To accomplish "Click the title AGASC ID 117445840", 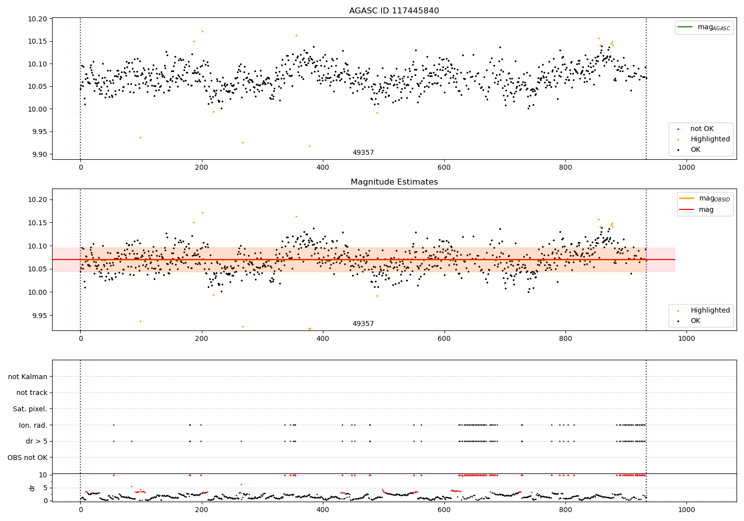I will [394, 11].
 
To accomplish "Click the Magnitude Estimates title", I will [394, 182].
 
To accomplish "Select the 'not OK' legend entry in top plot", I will [702, 129].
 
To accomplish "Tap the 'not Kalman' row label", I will [28, 377].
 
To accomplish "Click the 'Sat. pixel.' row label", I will [30, 409].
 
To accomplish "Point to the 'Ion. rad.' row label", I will [33, 425].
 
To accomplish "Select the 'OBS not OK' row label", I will [28, 457].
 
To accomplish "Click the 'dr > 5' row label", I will [37, 441].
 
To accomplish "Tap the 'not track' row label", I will [32, 392].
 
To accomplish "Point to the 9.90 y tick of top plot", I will [40, 154].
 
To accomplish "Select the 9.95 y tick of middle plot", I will [40, 316].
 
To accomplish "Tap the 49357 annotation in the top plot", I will [363, 153].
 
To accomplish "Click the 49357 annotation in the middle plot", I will [363, 324].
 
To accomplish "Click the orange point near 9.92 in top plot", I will [310, 146].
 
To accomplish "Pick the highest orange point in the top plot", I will [202, 31].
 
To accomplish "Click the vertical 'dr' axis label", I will [32, 488].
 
